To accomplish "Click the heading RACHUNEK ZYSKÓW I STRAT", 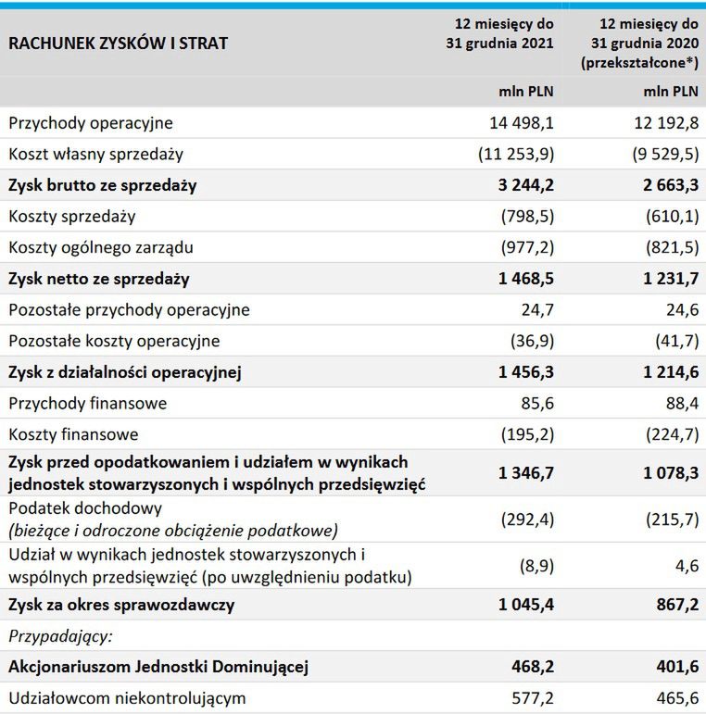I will tap(118, 43).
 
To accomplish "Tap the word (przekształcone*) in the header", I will tap(639, 62).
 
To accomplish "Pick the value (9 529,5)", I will tap(662, 154).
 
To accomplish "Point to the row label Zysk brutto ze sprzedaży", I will tap(103, 185).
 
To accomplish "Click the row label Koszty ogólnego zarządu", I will tap(100, 247).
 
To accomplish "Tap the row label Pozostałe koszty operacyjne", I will tap(114, 341).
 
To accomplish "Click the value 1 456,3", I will tap(525, 372).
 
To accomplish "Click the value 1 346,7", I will tap(525, 473).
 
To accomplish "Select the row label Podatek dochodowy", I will tap(85, 508).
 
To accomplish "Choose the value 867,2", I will tap(674, 605).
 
